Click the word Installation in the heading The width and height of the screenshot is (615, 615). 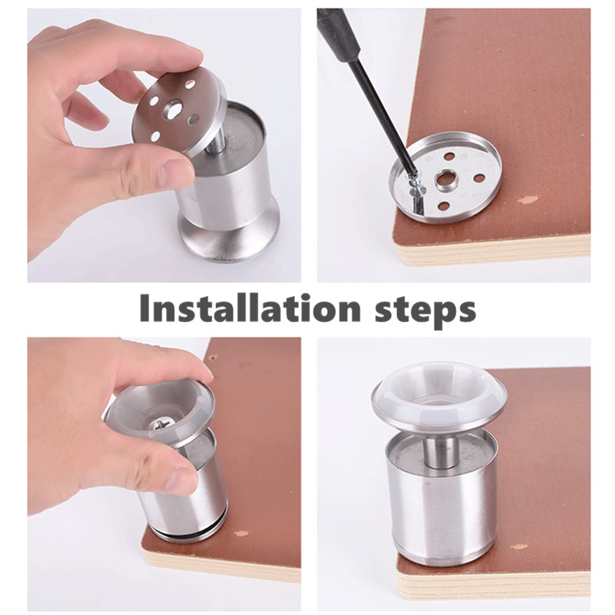[249, 309]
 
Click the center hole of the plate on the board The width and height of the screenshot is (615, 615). [446, 178]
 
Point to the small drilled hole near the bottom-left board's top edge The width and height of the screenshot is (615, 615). [213, 357]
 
